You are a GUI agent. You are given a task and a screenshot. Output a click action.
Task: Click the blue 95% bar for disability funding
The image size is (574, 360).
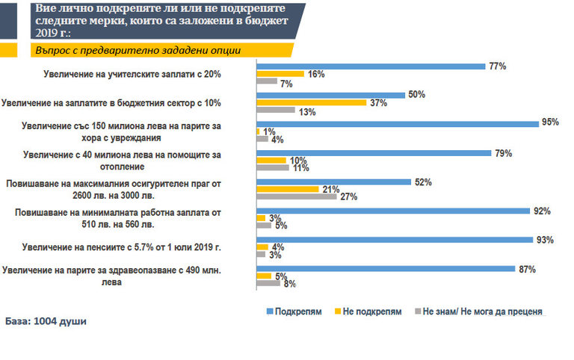click(x=398, y=123)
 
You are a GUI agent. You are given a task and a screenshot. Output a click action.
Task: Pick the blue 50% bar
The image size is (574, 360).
click(x=331, y=95)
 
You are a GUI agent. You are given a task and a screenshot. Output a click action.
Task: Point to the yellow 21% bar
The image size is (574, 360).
click(x=288, y=189)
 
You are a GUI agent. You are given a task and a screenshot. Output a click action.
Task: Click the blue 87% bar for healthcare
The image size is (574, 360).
click(x=386, y=268)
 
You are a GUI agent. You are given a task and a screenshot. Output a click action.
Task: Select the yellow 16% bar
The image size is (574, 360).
click(x=280, y=74)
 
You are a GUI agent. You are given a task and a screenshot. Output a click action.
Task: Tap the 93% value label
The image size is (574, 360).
click(x=544, y=240)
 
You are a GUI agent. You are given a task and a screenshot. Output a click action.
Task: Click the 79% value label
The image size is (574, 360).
click(x=502, y=153)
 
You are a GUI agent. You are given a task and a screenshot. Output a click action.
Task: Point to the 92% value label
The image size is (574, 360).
click(x=541, y=211)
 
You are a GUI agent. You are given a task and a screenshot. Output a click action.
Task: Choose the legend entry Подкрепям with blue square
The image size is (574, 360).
click(x=292, y=311)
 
